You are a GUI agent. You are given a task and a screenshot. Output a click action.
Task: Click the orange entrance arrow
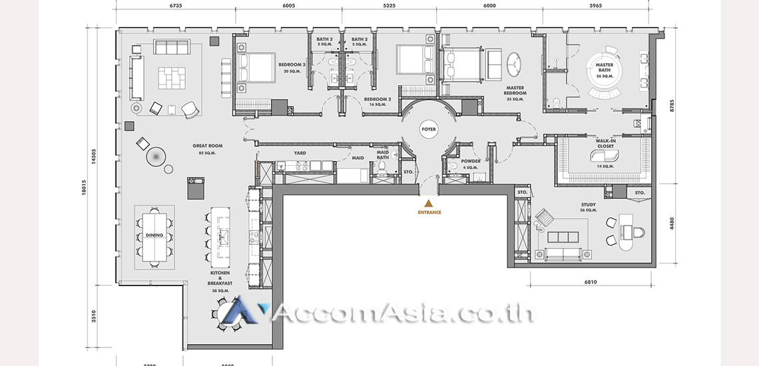pos(429,203)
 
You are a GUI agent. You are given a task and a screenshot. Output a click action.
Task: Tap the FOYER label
pos(429,130)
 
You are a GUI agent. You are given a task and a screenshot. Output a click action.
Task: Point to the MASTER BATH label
pos(605,68)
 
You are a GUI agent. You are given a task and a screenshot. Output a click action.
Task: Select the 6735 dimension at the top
pos(176,5)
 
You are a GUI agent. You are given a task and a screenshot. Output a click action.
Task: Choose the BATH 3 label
pos(324,40)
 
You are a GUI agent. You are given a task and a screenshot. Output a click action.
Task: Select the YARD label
pos(300,153)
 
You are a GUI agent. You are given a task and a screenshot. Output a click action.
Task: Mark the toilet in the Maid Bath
pos(382,169)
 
